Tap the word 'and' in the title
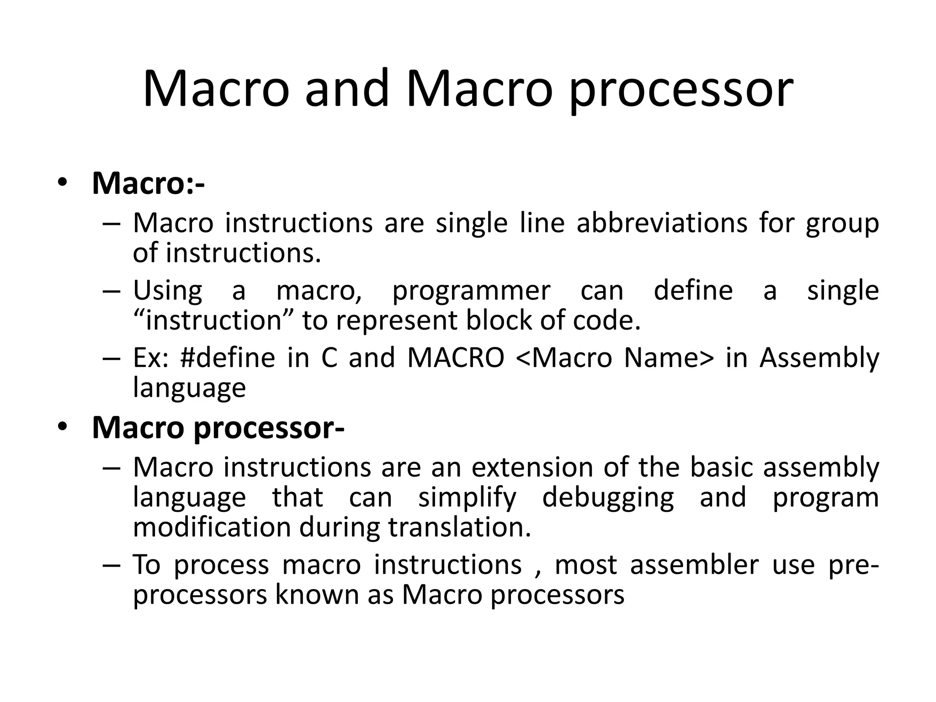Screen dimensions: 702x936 pyautogui.click(x=347, y=89)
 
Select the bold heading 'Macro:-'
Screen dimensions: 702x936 pyautogui.click(x=148, y=183)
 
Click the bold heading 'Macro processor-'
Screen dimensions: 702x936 pyautogui.click(x=218, y=428)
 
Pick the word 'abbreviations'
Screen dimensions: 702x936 pyautogui.click(x=662, y=223)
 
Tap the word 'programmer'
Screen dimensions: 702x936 pyautogui.click(x=471, y=291)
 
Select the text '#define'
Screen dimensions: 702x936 pyautogui.click(x=228, y=358)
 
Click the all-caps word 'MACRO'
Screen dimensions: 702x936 pyautogui.click(x=456, y=358)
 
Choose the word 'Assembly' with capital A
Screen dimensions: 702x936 pyautogui.click(x=819, y=358)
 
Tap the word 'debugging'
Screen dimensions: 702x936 pyautogui.click(x=608, y=498)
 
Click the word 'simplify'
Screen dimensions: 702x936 pyautogui.click(x=467, y=498)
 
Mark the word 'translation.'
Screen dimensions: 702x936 pyautogui.click(x=460, y=527)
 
